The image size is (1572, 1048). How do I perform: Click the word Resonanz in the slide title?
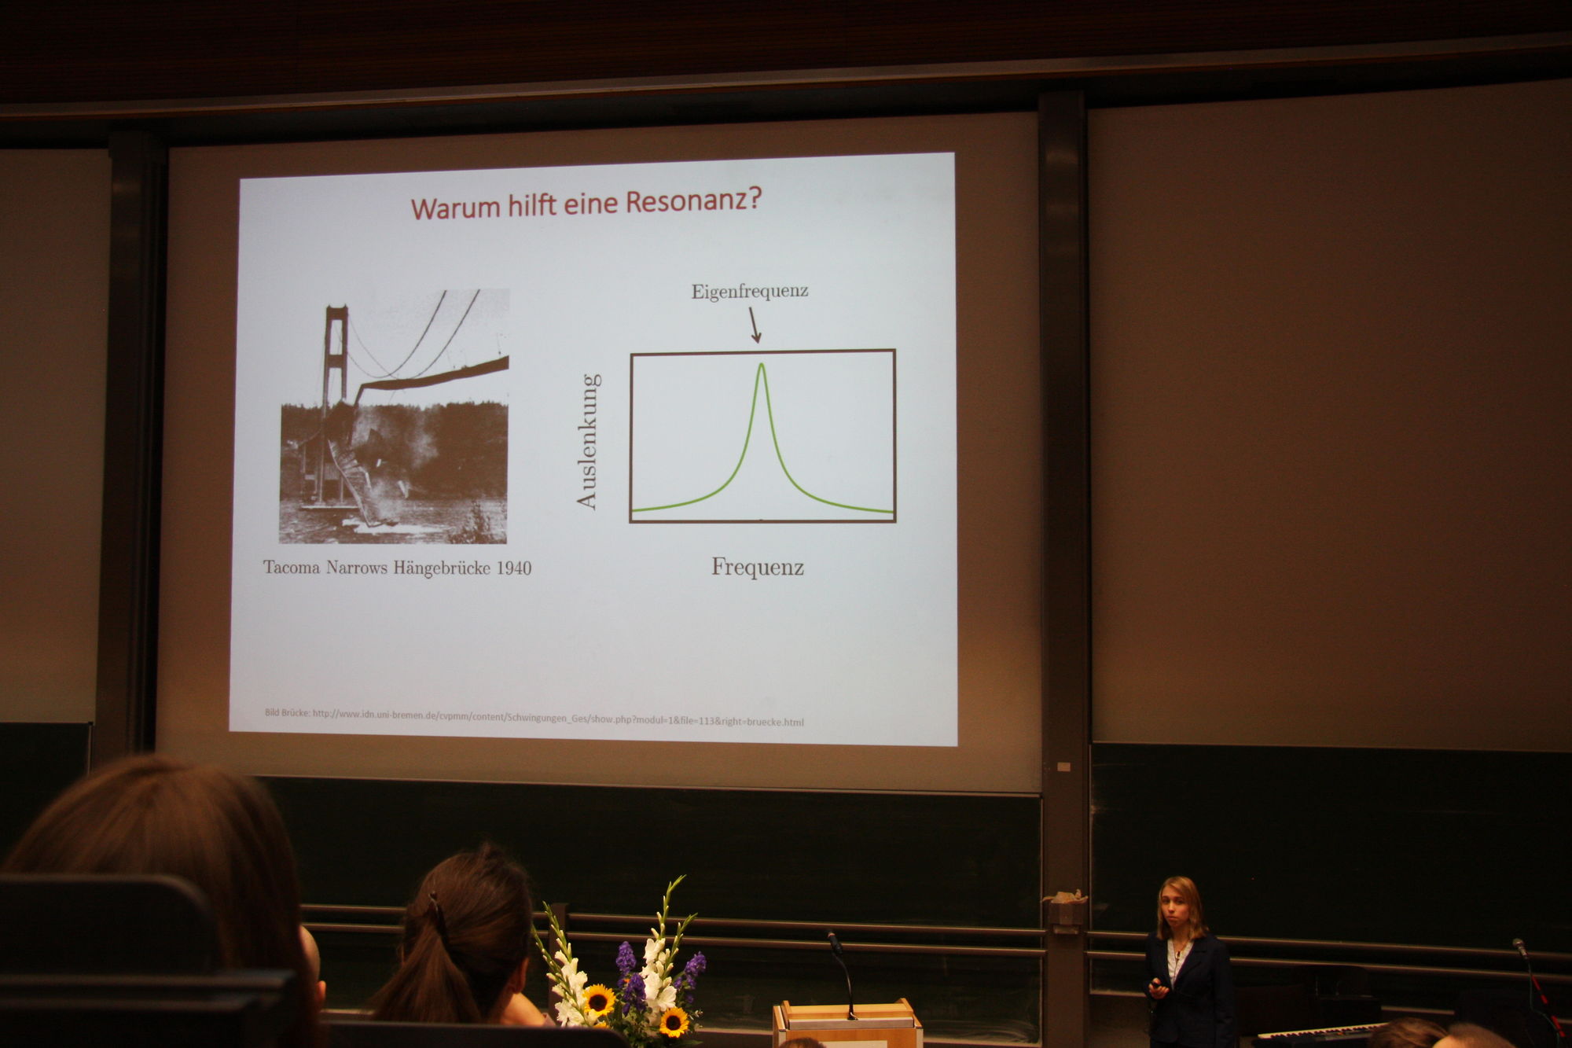(691, 201)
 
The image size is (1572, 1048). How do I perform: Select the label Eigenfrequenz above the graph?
(750, 291)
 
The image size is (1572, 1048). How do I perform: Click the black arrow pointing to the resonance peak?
(754, 325)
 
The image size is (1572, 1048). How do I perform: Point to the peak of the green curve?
(761, 364)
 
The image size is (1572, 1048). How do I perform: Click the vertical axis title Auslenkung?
(588, 441)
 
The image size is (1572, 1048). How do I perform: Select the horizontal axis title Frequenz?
(758, 567)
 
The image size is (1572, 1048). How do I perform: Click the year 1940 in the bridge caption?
(514, 568)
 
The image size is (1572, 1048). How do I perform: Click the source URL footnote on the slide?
(534, 717)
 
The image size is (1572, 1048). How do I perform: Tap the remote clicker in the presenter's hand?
(1155, 984)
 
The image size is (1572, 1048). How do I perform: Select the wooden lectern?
(847, 1023)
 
